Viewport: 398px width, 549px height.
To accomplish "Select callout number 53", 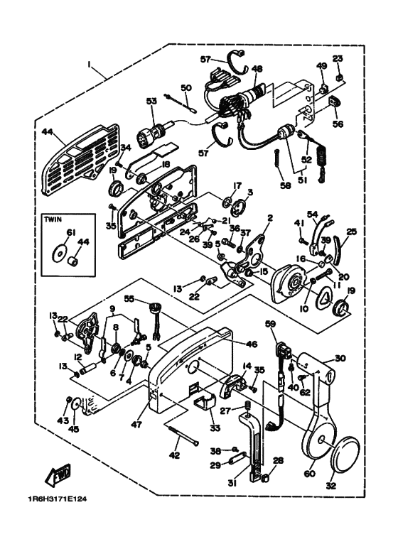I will [x=150, y=102].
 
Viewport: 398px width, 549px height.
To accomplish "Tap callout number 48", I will [x=257, y=69].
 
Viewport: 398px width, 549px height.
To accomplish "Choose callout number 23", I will [x=338, y=58].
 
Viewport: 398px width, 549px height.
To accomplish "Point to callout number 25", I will [x=351, y=232].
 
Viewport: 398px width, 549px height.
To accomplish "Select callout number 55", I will [x=129, y=299].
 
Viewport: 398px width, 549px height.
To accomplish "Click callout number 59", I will [x=270, y=325].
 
